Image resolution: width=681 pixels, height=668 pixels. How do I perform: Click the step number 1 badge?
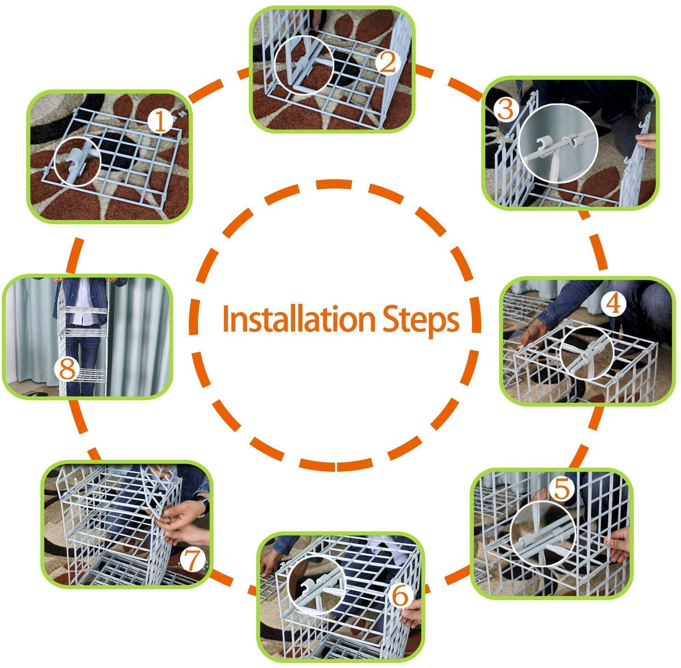tap(160, 122)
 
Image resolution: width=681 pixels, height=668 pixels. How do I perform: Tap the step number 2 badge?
tap(388, 63)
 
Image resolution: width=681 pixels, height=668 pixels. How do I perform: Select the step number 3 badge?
tap(505, 110)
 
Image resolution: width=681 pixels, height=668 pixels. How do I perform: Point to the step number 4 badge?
tap(613, 303)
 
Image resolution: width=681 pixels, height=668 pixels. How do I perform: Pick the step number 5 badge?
tap(562, 490)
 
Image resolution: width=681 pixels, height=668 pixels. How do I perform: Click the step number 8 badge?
tap(67, 369)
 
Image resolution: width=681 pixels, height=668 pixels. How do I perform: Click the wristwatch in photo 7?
tap(203, 505)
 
